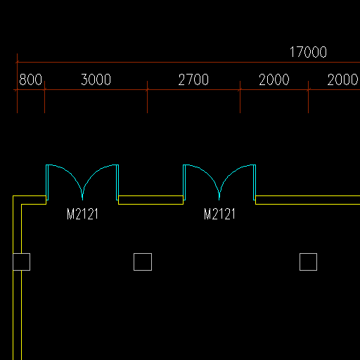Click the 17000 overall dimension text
[308, 52]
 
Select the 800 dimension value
[30, 79]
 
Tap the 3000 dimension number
[96, 79]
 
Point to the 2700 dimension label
[193, 79]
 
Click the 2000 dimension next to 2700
[274, 79]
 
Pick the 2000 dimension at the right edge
[342, 79]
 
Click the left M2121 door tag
[82, 214]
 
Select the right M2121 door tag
[219, 214]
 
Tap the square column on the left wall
[21, 262]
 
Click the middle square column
[143, 262]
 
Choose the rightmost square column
[308, 262]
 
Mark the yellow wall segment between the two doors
[150, 200]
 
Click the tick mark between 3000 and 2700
[147, 89]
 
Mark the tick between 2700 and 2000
[240, 89]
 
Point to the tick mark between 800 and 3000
[44, 89]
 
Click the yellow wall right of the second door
[307, 200]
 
